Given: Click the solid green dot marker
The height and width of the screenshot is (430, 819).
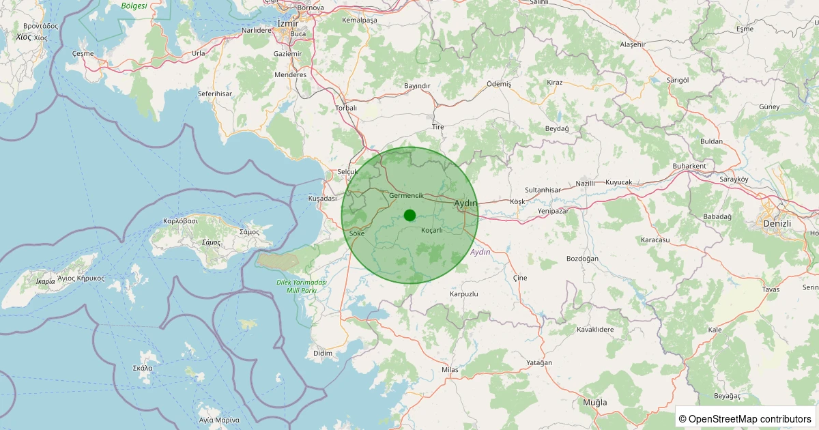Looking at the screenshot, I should pyautogui.click(x=409, y=215).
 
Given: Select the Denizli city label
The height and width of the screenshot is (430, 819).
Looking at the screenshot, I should pyautogui.click(x=777, y=223).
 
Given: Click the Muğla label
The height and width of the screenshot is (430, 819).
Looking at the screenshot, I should pyautogui.click(x=594, y=402).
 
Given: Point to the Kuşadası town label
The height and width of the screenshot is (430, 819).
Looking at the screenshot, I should pyautogui.click(x=323, y=198).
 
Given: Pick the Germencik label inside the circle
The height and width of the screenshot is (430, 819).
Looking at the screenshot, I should pyautogui.click(x=406, y=196).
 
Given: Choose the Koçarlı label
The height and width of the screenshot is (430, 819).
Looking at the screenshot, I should pyautogui.click(x=432, y=230).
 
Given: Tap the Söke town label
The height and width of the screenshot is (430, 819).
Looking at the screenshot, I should pyautogui.click(x=357, y=233).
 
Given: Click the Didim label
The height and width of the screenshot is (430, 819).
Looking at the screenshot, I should pyautogui.click(x=322, y=353).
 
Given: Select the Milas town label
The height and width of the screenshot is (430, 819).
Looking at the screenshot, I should pyautogui.click(x=450, y=369).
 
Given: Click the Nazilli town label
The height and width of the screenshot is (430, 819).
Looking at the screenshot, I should pyautogui.click(x=586, y=184).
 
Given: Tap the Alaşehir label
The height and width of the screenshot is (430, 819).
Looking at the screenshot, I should pyautogui.click(x=632, y=44).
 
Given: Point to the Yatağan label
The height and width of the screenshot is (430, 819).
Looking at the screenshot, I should pyautogui.click(x=539, y=362).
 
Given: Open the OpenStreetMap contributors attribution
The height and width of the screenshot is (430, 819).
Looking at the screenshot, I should pyautogui.click(x=745, y=418).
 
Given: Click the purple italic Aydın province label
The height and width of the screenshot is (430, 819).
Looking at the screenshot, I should pyautogui.click(x=480, y=253).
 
